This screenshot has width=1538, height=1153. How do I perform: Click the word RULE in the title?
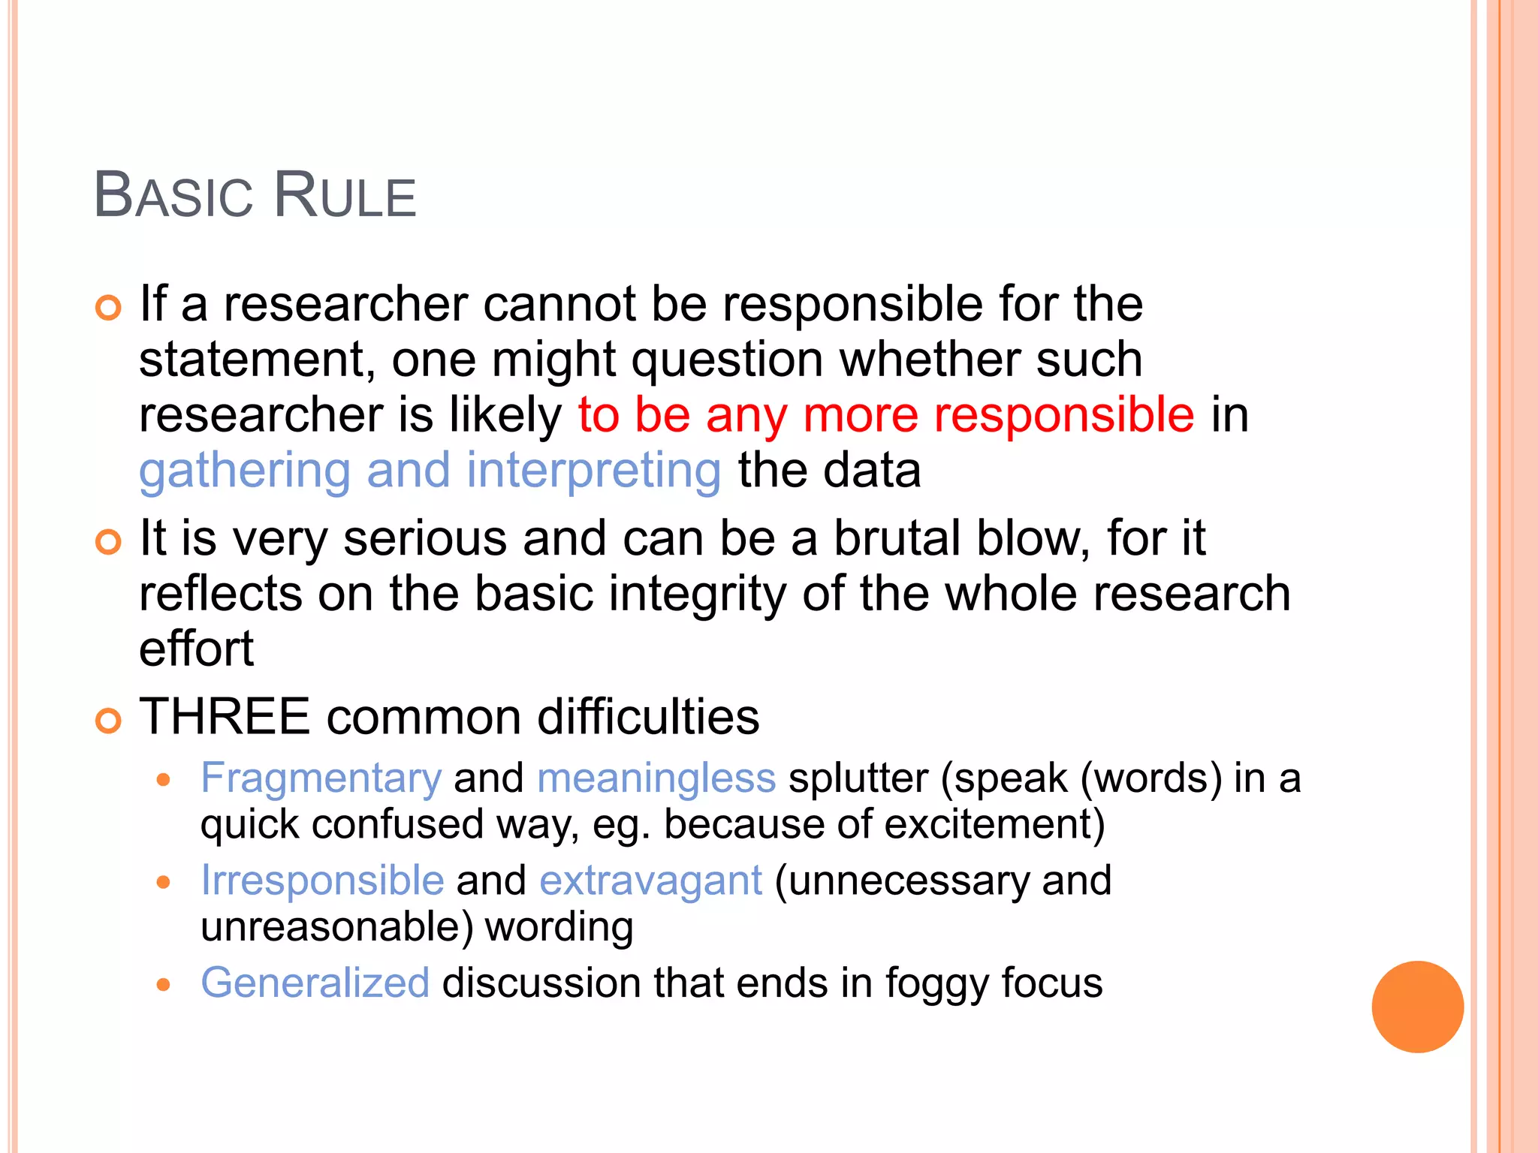[x=345, y=196]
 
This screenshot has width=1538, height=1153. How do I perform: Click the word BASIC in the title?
[x=173, y=196]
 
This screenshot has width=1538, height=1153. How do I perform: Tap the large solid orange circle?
[x=1417, y=1007]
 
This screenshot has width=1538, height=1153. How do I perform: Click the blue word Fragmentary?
[x=321, y=778]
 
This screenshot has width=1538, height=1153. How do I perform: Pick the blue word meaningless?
[x=656, y=778]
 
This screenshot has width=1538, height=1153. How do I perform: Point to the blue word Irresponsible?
[x=322, y=881]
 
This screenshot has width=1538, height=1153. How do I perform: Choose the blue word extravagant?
[x=650, y=881]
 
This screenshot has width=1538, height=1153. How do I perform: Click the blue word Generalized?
[x=315, y=983]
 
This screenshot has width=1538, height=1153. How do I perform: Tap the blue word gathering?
[x=245, y=471]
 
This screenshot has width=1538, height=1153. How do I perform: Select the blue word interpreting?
[x=593, y=471]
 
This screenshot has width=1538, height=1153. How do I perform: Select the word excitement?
[x=994, y=825]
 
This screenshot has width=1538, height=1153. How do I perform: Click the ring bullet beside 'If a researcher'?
[x=108, y=308]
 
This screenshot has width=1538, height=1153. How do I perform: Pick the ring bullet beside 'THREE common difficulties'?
[x=108, y=721]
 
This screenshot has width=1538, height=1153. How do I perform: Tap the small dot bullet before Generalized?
[x=164, y=984]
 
